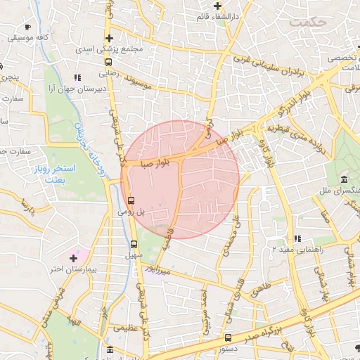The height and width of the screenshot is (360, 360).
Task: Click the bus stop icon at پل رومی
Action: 131,200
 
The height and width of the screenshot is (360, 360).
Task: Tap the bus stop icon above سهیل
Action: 134,245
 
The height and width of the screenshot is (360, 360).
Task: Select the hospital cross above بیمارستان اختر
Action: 74,258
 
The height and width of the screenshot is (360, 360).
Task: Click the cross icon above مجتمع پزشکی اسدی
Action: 108,38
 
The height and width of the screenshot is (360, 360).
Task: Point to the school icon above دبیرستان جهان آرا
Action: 77,78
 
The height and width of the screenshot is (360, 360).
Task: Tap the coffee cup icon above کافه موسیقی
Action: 27,27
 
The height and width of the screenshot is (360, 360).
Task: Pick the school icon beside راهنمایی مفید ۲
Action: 297,239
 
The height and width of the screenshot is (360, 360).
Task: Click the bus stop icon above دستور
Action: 227,337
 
